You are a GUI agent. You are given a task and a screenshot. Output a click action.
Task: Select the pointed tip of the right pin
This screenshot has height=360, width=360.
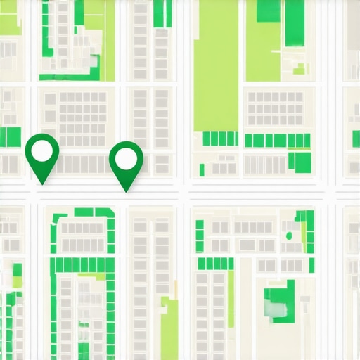[126, 190]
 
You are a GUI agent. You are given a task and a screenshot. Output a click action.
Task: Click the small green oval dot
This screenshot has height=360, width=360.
[288, 235]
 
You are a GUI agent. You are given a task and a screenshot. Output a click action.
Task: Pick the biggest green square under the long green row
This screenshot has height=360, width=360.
[302, 162]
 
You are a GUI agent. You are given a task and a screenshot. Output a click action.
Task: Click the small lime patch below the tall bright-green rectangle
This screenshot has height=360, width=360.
[300, 68]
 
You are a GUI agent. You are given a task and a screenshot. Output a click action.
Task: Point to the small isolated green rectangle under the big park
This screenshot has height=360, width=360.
[202, 169]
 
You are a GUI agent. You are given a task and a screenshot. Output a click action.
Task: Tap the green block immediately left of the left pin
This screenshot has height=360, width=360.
[10, 136]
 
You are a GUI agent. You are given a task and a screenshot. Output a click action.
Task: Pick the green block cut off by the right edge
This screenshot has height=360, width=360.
[356, 138]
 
